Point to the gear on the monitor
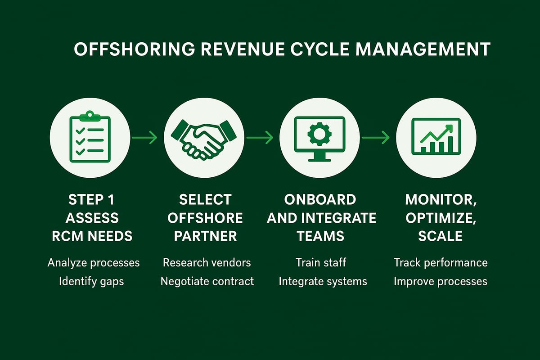(319, 133)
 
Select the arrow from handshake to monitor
(260, 137)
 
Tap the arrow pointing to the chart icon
(375, 137)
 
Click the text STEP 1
(93, 199)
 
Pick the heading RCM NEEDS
(93, 236)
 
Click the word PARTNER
(205, 236)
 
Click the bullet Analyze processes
(94, 262)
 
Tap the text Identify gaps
(92, 281)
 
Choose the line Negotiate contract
(207, 281)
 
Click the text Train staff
(321, 262)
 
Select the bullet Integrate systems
(323, 281)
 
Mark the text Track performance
(441, 262)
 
